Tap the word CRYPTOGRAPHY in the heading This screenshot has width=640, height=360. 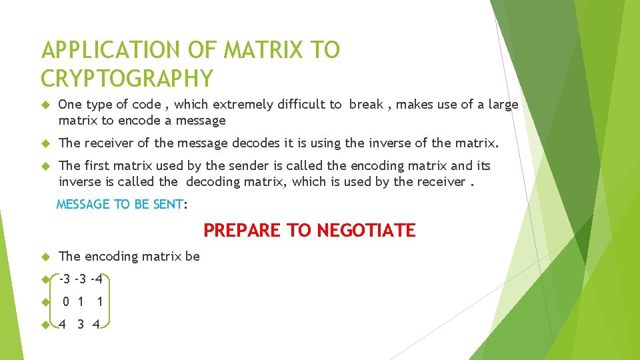[127, 78]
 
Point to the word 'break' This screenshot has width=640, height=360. [366, 104]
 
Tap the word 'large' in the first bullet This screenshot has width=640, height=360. [501, 104]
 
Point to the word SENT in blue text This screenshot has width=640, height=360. [167, 205]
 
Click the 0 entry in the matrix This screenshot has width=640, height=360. [66, 302]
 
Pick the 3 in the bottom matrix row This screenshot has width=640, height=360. [81, 325]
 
